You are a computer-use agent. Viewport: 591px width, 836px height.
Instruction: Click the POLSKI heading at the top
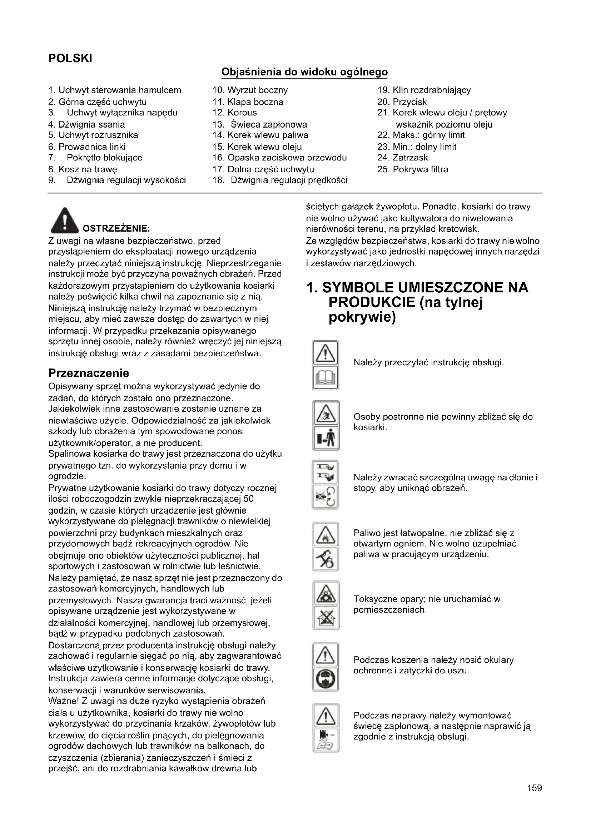tap(70, 58)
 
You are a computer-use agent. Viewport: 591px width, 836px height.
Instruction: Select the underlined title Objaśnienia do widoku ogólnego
tap(304, 72)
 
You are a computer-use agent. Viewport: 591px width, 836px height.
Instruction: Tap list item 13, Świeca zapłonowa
tap(260, 124)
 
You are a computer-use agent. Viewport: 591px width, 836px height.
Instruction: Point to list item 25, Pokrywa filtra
tap(413, 169)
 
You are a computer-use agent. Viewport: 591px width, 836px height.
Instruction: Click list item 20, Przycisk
tap(402, 102)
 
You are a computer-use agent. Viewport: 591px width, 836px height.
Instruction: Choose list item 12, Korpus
tap(235, 113)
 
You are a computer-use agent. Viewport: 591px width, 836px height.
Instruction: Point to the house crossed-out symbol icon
tap(326, 618)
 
